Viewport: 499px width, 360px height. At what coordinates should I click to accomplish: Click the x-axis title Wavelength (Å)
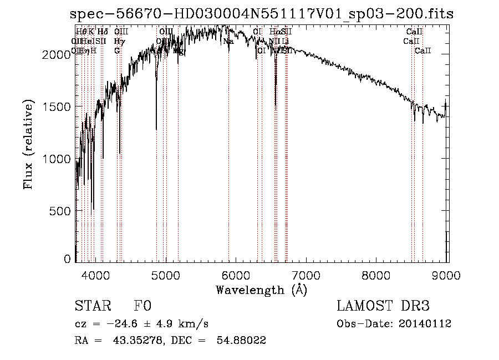[261, 290]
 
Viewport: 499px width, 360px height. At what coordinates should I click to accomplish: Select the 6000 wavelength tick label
[236, 275]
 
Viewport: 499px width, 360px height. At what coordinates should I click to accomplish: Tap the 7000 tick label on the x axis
[307, 275]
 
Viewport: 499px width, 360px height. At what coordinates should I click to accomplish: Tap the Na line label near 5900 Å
[228, 41]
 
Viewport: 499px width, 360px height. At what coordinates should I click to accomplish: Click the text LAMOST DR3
[383, 306]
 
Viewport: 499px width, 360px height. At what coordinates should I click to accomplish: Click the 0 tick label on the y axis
[68, 259]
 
